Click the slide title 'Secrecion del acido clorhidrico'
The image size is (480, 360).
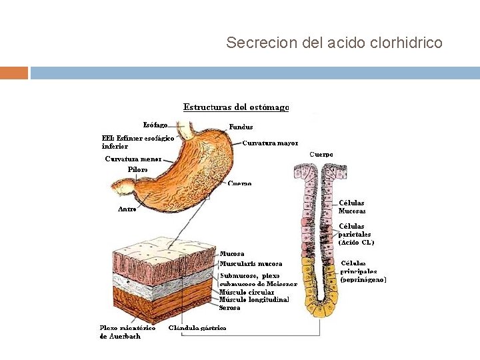click(x=334, y=43)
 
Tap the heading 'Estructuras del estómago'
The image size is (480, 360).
click(x=236, y=107)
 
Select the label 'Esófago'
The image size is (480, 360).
click(x=155, y=125)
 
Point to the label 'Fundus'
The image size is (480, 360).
click(x=241, y=127)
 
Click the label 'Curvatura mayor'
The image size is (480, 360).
click(x=270, y=143)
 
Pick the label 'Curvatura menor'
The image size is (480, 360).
click(x=133, y=159)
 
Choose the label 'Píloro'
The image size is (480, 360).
click(x=138, y=169)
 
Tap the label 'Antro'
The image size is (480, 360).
click(x=127, y=209)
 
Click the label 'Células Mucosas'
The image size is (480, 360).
click(x=352, y=207)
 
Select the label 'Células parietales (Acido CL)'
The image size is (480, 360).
click(x=356, y=234)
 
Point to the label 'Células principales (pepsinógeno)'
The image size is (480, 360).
click(x=363, y=271)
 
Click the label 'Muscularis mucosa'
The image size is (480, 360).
click(x=251, y=264)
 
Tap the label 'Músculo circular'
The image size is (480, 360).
click(x=247, y=292)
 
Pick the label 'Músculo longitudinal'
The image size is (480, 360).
click(x=254, y=299)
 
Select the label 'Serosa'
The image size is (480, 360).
click(x=230, y=307)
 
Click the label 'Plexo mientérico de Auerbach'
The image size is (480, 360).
click(x=127, y=332)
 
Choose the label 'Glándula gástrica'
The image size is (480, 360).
click(x=197, y=327)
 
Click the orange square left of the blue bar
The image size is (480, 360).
click(x=14, y=73)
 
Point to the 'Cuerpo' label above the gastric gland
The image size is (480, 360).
click(x=321, y=154)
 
